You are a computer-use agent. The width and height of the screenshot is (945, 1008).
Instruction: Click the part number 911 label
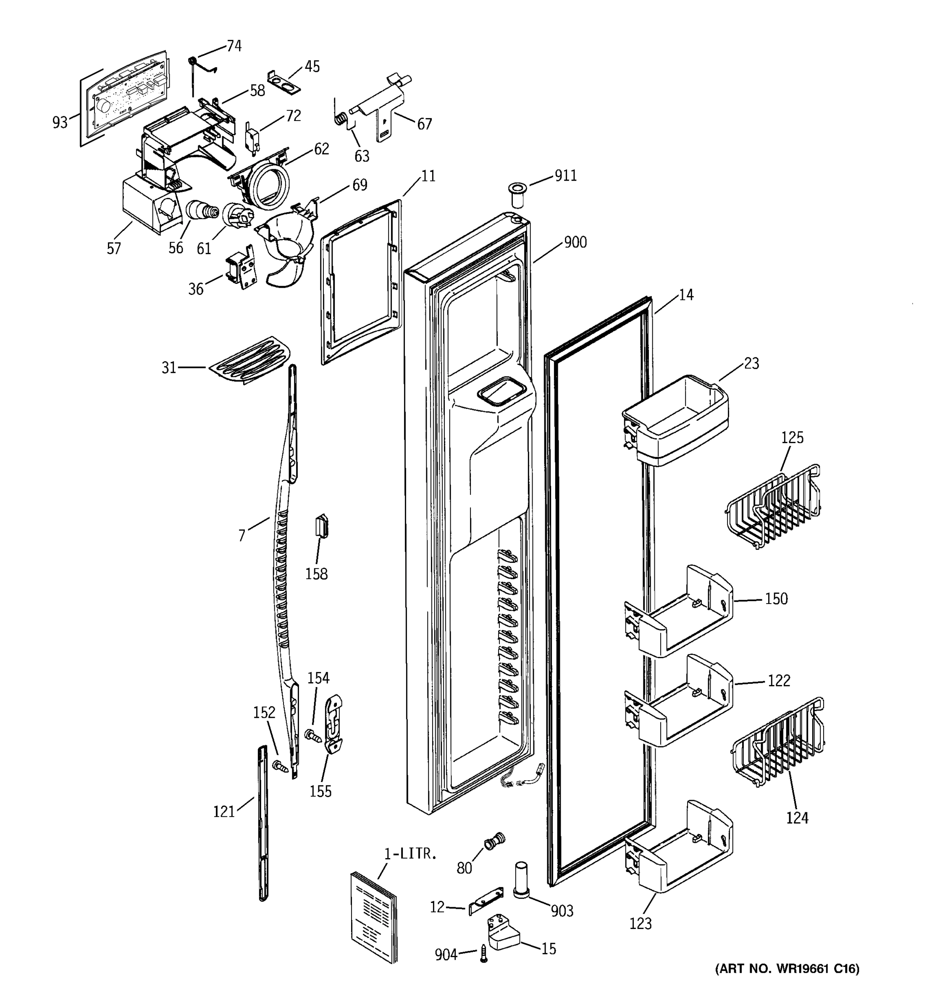point(565,176)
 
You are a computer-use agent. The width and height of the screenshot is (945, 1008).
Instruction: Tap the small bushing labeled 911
point(517,196)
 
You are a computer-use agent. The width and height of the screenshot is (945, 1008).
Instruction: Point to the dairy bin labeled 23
point(676,420)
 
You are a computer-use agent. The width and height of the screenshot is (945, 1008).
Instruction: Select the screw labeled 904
point(484,955)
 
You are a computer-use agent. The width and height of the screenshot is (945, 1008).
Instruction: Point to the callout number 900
point(575,242)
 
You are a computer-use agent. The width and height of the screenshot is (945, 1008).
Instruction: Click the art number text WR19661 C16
point(787,969)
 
